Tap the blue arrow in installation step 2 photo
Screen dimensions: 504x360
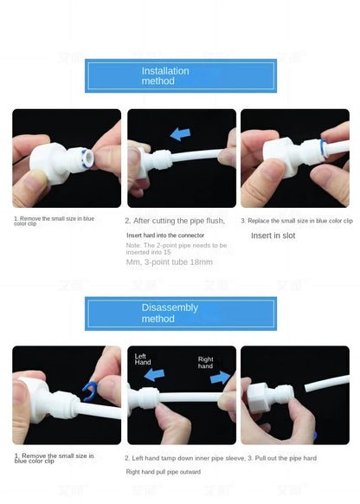(181, 134)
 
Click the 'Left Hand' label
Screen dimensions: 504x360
(143, 359)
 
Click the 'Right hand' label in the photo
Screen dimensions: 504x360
(206, 362)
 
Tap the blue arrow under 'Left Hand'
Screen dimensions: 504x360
(155, 375)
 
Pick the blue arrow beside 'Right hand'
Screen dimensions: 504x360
(222, 377)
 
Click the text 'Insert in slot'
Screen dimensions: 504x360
(273, 236)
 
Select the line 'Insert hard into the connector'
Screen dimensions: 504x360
(166, 235)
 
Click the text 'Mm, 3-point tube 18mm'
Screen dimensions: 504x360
(169, 262)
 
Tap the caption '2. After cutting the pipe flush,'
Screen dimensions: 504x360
(175, 221)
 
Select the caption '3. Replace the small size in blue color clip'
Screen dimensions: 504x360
(297, 221)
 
